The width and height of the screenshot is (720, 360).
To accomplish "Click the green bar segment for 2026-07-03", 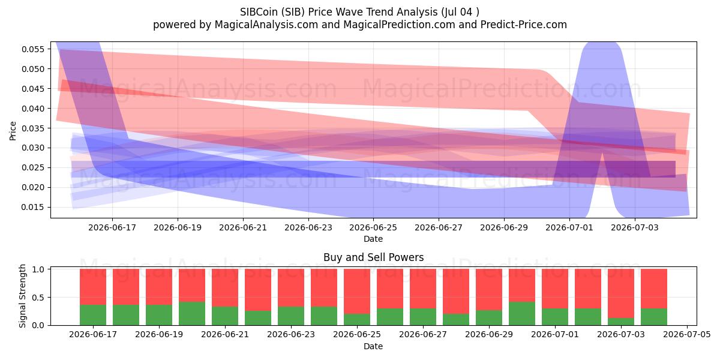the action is [x=620, y=322].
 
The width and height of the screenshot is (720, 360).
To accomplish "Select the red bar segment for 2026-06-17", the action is [x=93, y=287].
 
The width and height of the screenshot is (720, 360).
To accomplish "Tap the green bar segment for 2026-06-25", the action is [x=357, y=319].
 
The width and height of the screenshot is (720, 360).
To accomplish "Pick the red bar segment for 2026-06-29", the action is [x=489, y=290].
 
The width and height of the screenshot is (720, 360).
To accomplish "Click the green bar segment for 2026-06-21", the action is [x=225, y=316].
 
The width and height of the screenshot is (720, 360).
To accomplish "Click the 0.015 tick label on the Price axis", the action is [x=32, y=208].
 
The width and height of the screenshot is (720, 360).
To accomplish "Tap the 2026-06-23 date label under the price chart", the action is [x=308, y=227].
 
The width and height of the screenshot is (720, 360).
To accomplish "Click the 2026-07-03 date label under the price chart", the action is [x=635, y=227].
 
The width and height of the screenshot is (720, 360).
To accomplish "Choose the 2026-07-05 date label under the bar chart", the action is [x=687, y=335].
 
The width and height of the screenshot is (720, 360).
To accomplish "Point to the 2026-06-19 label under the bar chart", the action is [x=159, y=335].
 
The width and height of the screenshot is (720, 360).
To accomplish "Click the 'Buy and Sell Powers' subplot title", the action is [x=373, y=257].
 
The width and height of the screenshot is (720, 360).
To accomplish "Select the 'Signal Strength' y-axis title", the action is [x=22, y=296].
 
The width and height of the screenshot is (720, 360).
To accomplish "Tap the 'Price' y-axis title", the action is [x=13, y=131].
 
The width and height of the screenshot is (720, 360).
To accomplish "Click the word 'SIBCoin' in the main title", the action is [x=259, y=12].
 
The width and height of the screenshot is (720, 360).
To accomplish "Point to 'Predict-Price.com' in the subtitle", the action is [x=524, y=25].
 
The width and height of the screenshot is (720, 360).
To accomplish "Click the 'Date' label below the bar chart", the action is [x=373, y=347].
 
